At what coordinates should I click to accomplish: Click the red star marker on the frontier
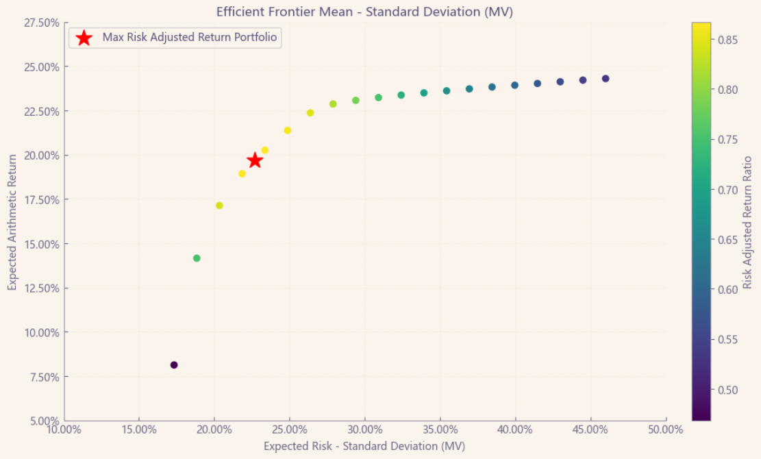(x=255, y=160)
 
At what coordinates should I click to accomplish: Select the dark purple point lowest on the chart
(x=174, y=365)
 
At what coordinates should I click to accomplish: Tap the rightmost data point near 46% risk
(x=606, y=79)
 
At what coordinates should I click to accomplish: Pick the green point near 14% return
(x=197, y=258)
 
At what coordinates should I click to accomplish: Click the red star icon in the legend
(x=84, y=38)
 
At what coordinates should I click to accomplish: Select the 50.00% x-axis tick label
(x=666, y=430)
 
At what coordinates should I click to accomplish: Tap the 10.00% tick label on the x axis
(x=64, y=430)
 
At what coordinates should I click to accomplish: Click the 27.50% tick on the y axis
(x=41, y=23)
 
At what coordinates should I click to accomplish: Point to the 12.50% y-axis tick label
(x=41, y=288)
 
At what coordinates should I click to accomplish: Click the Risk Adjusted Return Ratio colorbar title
(x=748, y=223)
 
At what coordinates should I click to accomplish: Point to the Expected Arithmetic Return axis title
(x=12, y=221)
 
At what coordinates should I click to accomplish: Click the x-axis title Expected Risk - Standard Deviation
(x=364, y=446)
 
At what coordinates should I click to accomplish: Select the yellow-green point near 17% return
(x=219, y=206)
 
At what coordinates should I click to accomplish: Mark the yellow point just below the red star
(x=242, y=173)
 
